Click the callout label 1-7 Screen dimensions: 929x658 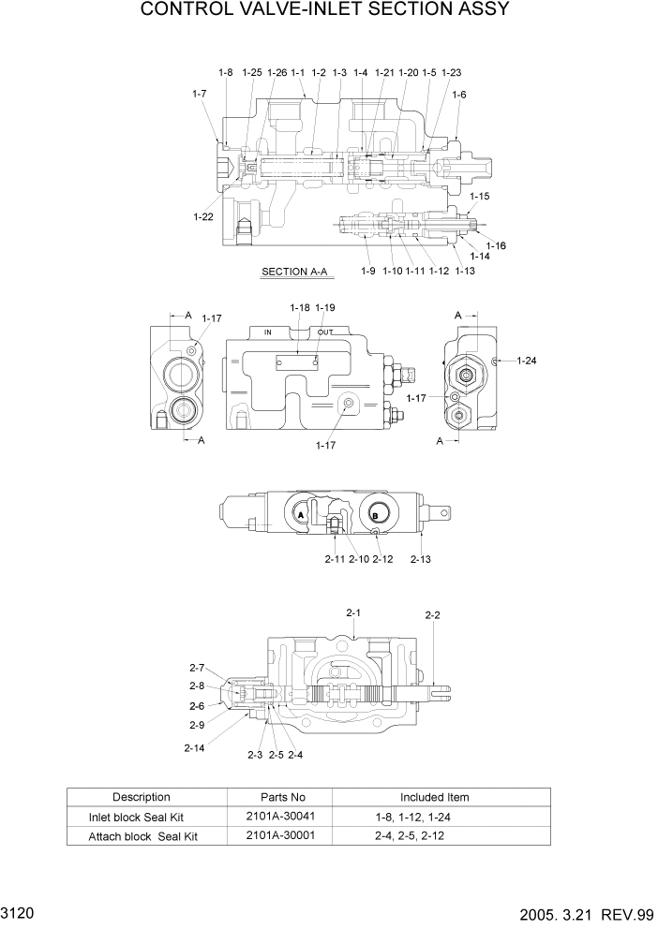199,94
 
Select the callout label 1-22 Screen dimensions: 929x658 203,216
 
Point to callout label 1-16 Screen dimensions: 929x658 496,245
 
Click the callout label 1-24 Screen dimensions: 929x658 527,360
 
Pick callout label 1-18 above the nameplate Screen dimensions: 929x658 299,307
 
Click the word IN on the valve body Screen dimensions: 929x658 267,332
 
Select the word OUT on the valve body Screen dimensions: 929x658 325,332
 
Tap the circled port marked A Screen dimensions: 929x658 301,515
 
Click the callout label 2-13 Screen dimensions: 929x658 421,559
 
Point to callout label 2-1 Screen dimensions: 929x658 353,612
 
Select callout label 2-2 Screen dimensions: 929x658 433,615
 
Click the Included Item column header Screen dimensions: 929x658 434,797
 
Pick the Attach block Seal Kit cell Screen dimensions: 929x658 142,835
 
